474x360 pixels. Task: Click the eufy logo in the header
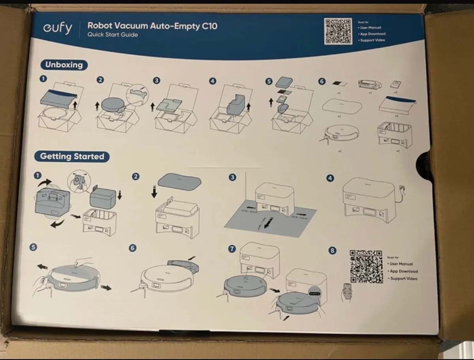point(57,29)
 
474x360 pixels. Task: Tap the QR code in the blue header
point(338,31)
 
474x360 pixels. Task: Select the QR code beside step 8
point(366,266)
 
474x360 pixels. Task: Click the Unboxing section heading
point(64,65)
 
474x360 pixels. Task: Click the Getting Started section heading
point(72,156)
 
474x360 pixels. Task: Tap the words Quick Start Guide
point(113,35)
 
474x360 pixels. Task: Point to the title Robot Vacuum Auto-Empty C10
point(152,26)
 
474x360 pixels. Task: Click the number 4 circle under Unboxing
point(213,81)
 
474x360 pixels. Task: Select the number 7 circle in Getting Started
point(232,249)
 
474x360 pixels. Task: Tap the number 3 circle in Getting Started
point(233,177)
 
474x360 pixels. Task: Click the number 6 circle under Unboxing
point(322,81)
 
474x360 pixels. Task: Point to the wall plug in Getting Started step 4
point(403,185)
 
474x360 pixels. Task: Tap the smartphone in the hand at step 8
point(347,290)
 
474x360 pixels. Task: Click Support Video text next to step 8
point(404,279)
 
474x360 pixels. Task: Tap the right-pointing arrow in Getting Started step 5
point(106,287)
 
